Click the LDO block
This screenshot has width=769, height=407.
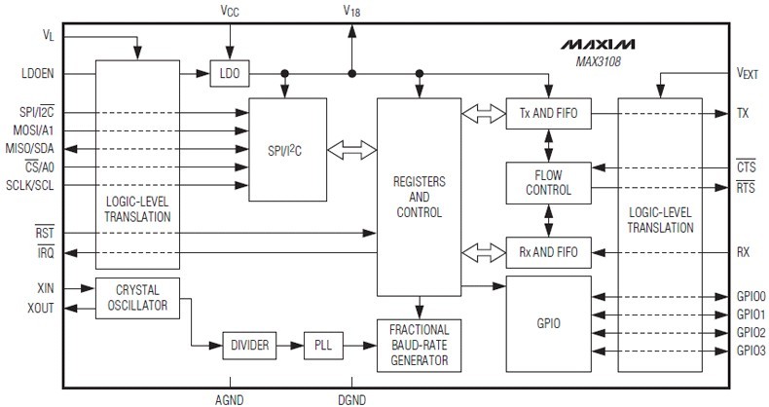230,74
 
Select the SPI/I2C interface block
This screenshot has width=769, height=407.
289,150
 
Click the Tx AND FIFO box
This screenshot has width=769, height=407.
548,114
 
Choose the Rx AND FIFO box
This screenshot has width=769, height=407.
548,252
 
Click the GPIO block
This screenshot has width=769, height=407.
548,321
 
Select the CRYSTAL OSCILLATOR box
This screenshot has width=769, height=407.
137,297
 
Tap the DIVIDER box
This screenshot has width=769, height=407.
250,344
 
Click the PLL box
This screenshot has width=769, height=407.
322,344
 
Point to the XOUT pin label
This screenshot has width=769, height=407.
39,307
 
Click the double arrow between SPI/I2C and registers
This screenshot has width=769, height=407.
351,151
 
